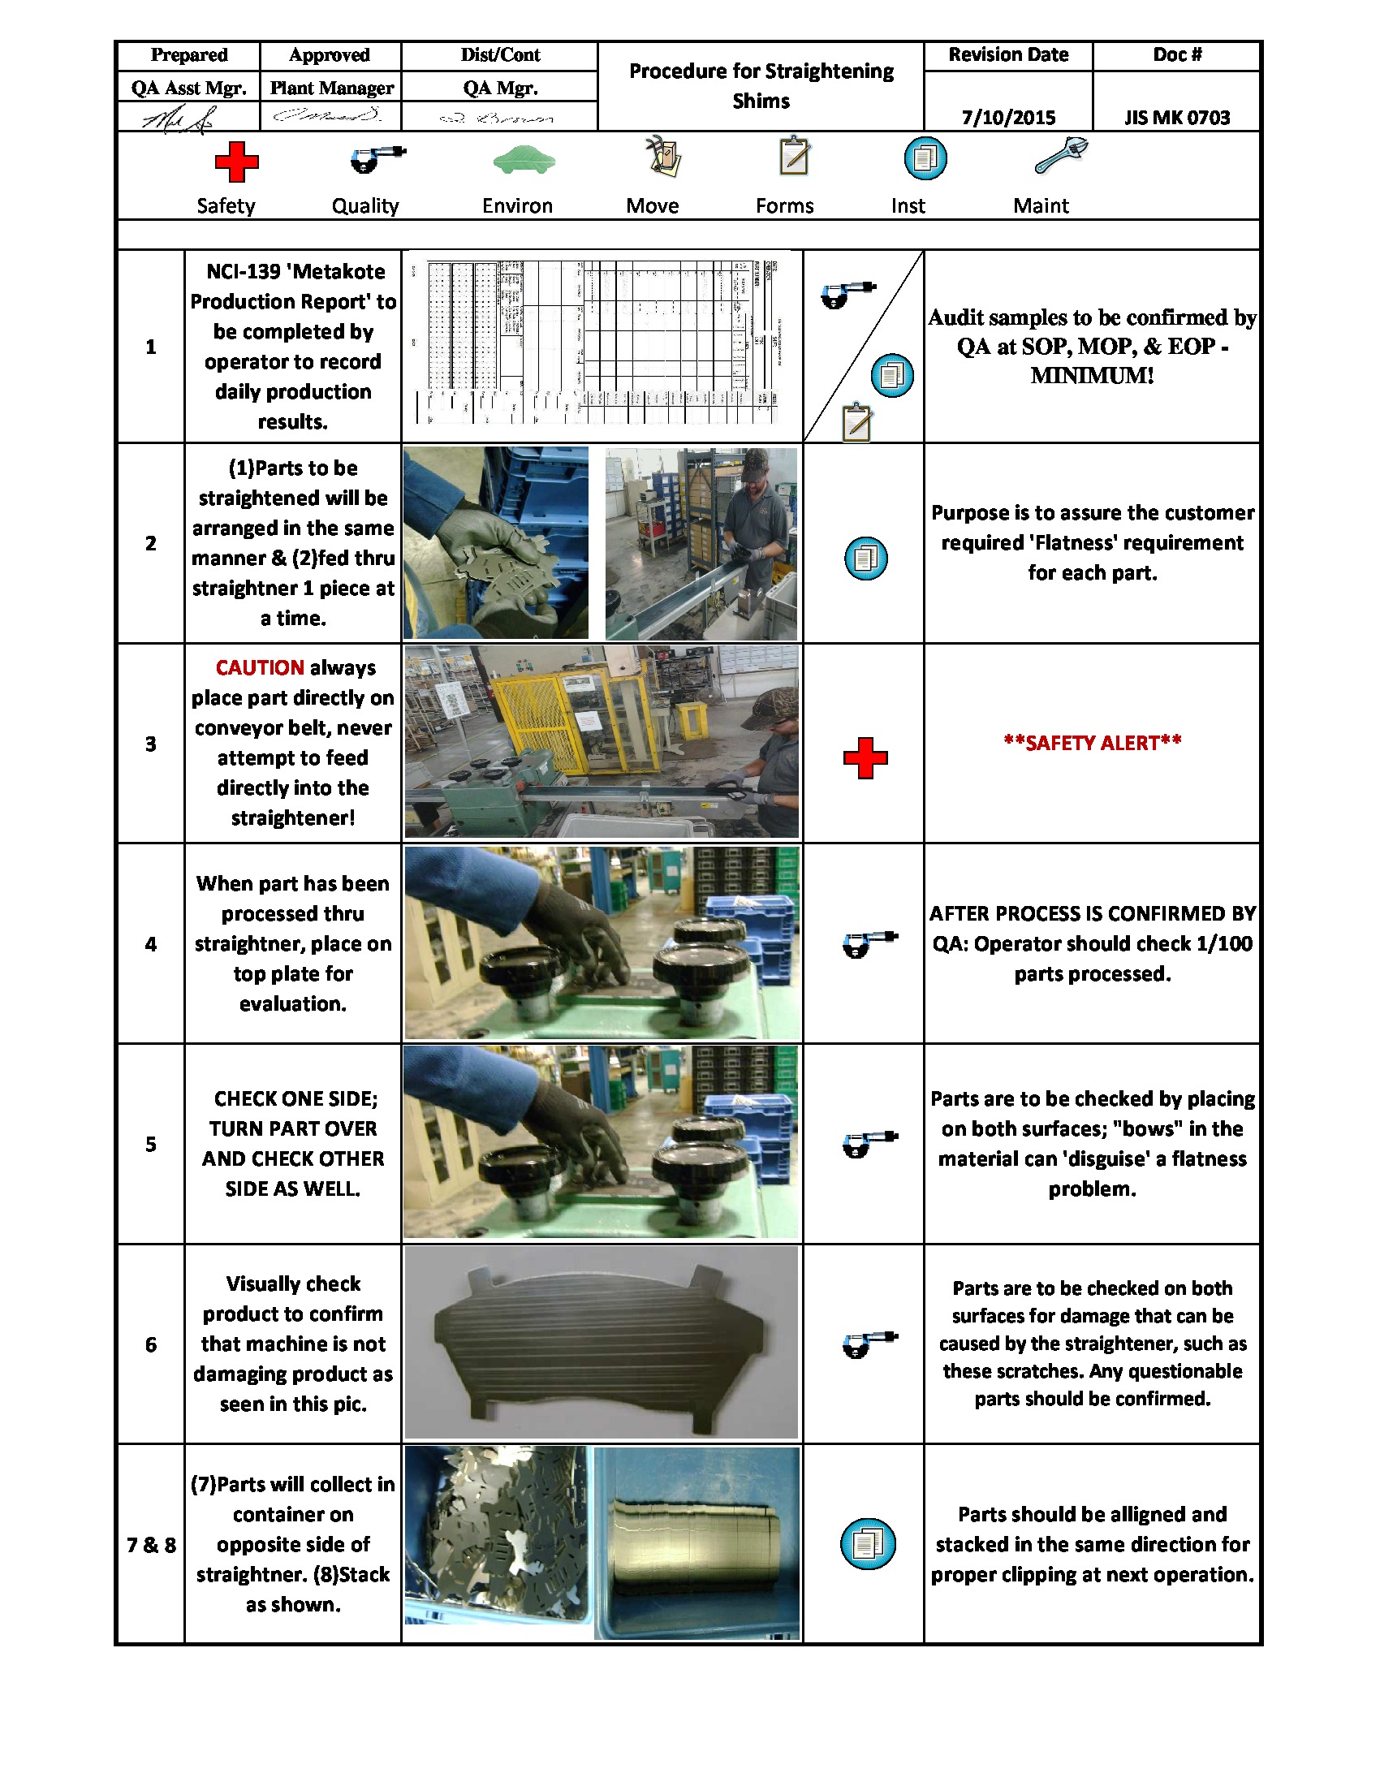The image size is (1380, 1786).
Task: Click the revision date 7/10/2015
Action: (1008, 117)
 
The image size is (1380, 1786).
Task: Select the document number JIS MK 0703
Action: (1176, 117)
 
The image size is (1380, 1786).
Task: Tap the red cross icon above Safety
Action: (236, 162)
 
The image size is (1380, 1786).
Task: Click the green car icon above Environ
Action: (524, 159)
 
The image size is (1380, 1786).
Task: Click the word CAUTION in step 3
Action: (259, 667)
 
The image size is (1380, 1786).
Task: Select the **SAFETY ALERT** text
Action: (1092, 743)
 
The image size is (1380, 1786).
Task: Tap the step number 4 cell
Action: (150, 943)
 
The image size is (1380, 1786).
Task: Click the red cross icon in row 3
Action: (865, 758)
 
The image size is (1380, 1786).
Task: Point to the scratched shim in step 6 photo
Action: (601, 1342)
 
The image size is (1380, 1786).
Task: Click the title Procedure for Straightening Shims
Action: (761, 86)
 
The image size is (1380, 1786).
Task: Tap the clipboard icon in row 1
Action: (856, 422)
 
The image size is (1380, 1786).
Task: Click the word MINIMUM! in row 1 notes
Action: (1092, 375)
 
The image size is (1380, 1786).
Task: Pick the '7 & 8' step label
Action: (150, 1545)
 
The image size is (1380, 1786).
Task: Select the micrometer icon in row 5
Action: (869, 1143)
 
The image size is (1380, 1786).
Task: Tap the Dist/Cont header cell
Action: (499, 54)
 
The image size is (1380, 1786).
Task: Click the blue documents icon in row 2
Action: (865, 559)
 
